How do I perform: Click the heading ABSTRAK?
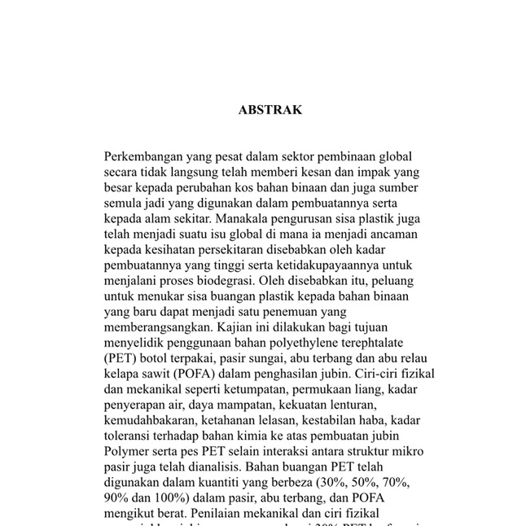click(270, 110)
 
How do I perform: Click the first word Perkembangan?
click(143, 156)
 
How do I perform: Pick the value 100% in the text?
click(168, 498)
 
